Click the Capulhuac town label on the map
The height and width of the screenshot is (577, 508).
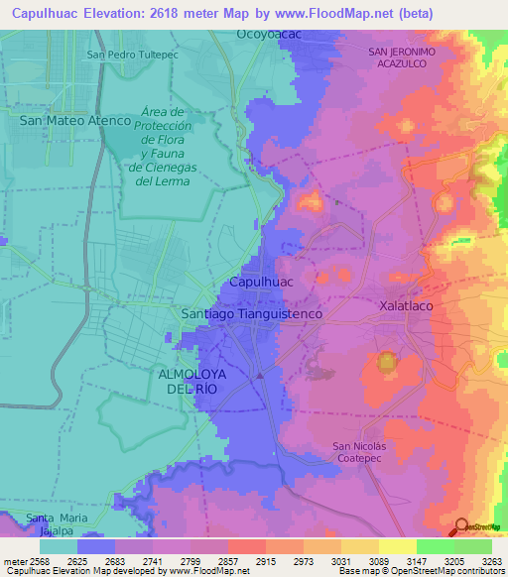point(261,283)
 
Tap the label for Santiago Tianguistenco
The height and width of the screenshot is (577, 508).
point(252,313)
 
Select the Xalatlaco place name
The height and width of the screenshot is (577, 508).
point(407,307)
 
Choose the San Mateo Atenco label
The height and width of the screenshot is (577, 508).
point(75,120)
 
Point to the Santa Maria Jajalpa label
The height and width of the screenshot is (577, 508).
point(57,524)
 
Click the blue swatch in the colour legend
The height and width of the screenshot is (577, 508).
point(96,546)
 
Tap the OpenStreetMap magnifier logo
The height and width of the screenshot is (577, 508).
point(461,526)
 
